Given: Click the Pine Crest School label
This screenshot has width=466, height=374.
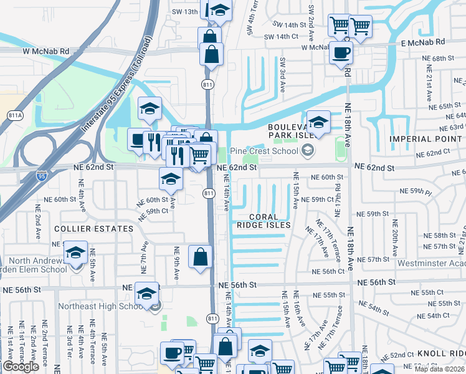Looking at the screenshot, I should point(264,151).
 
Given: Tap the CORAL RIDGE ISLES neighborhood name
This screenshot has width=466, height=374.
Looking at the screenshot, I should point(264,224).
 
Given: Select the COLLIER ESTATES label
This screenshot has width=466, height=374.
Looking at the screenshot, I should point(85,229).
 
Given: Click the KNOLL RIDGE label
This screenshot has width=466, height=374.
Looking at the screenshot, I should point(442,353).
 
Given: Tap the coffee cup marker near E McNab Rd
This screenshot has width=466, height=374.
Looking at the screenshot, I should point(341,53).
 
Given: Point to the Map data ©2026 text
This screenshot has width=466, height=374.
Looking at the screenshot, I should point(440,369).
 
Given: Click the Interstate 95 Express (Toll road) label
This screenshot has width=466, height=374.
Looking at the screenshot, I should point(117,85).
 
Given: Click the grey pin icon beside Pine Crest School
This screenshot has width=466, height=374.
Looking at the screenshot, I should point(307,150).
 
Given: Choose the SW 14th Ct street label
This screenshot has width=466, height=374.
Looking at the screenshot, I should point(282,37).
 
